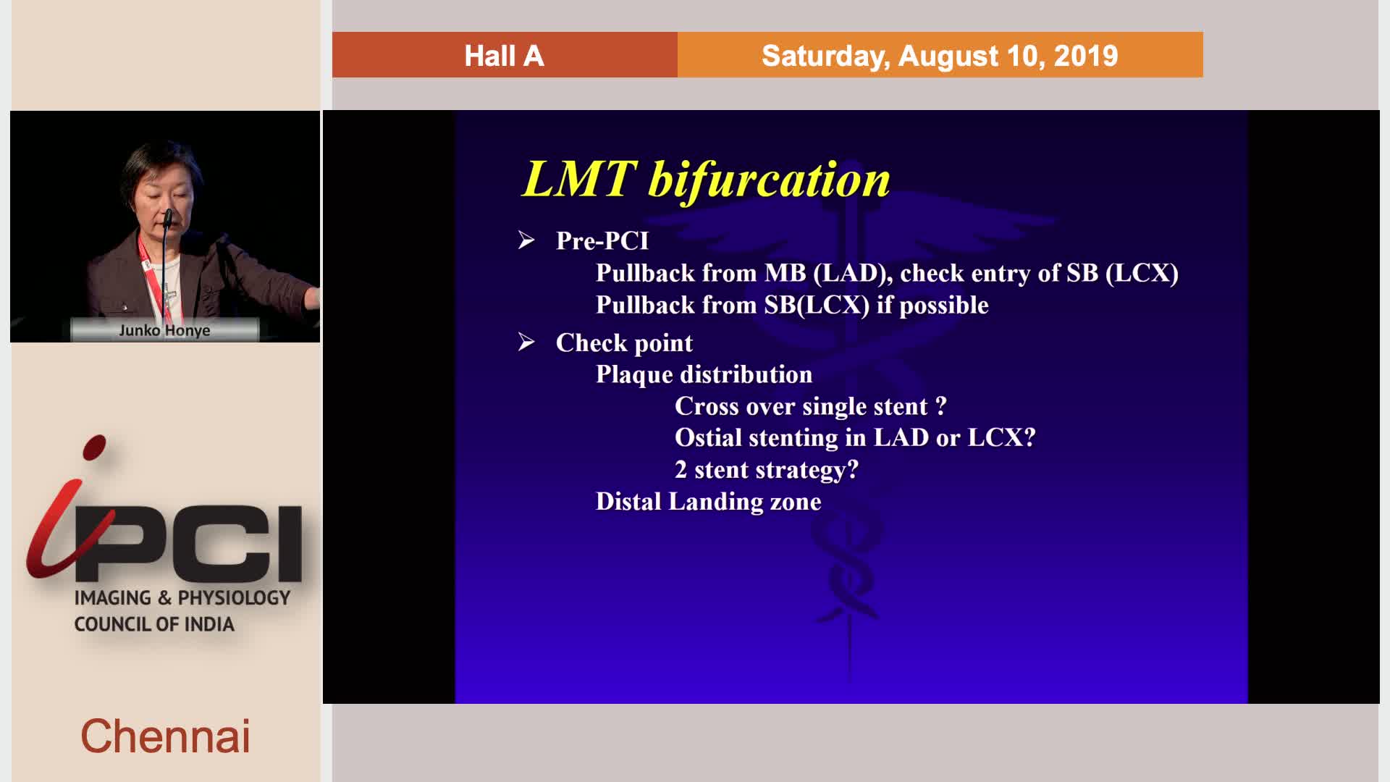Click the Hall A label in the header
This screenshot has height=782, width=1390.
tap(504, 56)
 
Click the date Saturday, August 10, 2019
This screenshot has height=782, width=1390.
tap(940, 56)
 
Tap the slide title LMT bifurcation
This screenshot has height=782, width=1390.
tap(706, 179)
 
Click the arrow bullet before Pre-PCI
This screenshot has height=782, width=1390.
tap(526, 240)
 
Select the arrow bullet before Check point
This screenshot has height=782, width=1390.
tap(526, 342)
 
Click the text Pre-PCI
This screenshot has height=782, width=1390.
tap(602, 240)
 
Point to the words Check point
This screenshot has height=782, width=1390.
tap(624, 342)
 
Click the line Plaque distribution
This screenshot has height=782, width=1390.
tap(704, 374)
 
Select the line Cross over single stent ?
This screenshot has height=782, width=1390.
tap(811, 406)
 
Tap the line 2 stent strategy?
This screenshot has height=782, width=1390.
tap(767, 470)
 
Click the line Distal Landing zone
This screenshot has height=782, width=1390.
tap(709, 501)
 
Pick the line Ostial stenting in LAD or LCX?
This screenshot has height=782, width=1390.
tap(855, 437)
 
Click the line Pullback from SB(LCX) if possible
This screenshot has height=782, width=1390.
tap(792, 305)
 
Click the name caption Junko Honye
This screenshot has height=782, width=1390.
tap(164, 330)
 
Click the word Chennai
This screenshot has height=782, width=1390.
tap(165, 736)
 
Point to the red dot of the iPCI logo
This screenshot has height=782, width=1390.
tap(94, 447)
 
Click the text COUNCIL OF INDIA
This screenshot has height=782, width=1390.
tap(154, 624)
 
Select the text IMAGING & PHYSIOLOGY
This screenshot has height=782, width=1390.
tap(182, 597)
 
